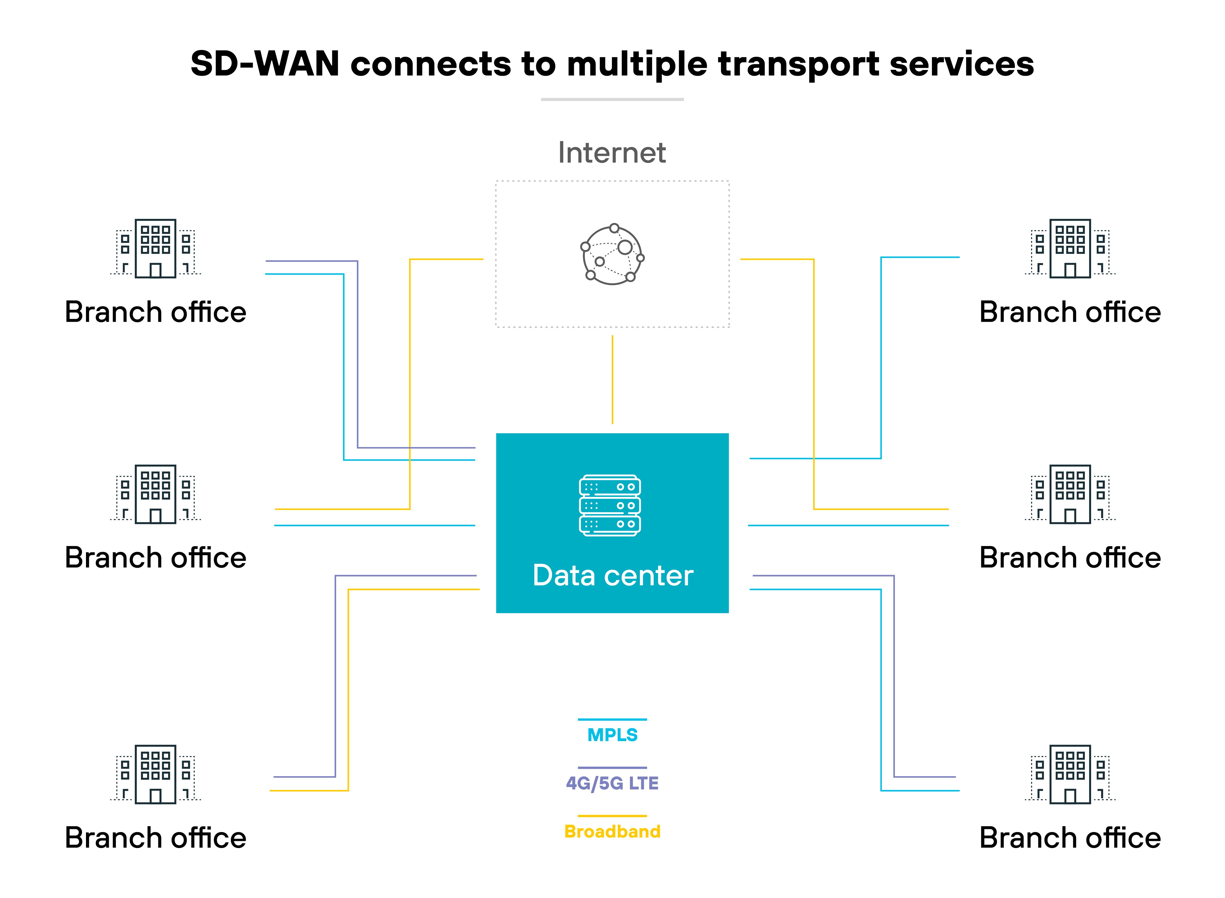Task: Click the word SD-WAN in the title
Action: click(265, 64)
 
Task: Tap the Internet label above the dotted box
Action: click(612, 153)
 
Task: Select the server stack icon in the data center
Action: click(610, 505)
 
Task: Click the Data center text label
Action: click(612, 576)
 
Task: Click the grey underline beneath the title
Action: click(612, 99)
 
